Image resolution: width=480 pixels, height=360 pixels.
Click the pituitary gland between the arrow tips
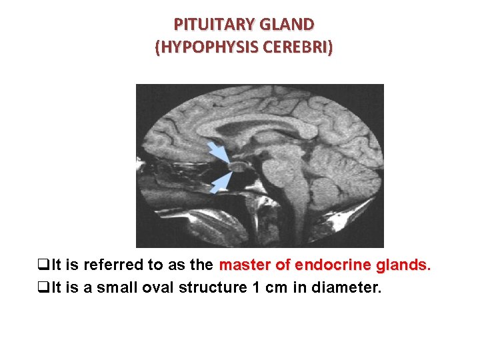click(237, 166)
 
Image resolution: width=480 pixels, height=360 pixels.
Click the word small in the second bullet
click(121, 289)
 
